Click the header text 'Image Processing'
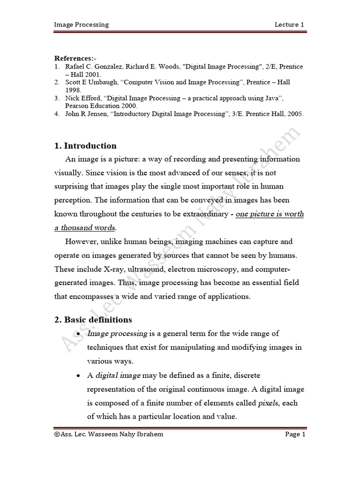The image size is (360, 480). (82, 24)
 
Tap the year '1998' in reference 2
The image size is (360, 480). (73, 90)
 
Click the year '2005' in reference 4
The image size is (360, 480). (293, 114)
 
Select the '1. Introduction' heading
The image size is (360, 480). (85, 146)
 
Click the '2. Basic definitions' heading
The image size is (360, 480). (93, 320)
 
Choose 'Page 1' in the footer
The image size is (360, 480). (295, 435)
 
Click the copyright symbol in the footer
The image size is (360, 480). (57, 435)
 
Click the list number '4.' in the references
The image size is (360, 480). (57, 114)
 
